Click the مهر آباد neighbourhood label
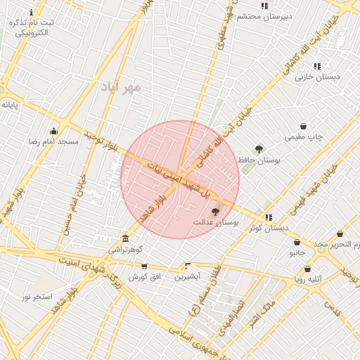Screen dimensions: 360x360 click(121, 87)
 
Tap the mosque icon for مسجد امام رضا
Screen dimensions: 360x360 click(53, 131)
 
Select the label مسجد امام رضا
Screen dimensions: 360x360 click(53, 142)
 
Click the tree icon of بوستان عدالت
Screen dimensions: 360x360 click(215, 211)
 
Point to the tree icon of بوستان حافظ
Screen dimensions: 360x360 click(259, 149)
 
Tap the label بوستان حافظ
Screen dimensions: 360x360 click(259, 161)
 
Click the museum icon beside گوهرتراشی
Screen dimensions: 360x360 click(125, 238)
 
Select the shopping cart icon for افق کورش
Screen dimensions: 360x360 click(144, 266)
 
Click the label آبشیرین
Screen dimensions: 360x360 click(187, 277)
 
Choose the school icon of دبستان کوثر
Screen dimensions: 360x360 click(269, 217)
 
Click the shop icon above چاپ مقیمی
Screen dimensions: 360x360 click(303, 127)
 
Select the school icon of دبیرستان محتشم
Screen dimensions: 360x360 click(264, 6)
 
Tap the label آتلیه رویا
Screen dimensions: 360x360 click(308, 279)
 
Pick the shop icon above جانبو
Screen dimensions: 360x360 click(297, 242)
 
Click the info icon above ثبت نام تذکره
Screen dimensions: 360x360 click(32, 13)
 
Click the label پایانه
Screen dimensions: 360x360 click(10, 105)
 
